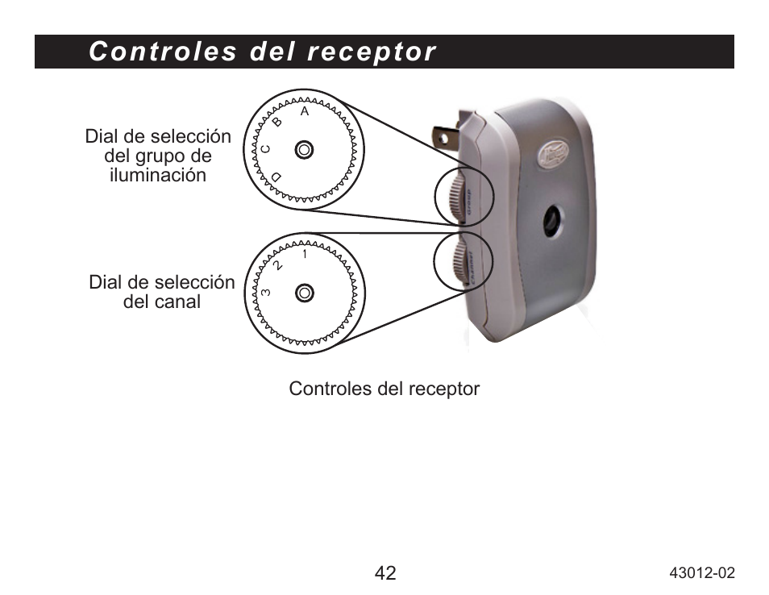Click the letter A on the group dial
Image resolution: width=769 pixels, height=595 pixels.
pyautogui.click(x=305, y=112)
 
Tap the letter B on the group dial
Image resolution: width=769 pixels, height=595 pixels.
pyautogui.click(x=278, y=123)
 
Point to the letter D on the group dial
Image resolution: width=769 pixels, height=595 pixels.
pyautogui.click(x=276, y=177)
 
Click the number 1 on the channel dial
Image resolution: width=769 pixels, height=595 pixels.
pyautogui.click(x=305, y=255)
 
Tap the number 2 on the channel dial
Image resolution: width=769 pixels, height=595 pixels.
pyautogui.click(x=278, y=264)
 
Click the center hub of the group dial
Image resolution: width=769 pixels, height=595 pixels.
pyautogui.click(x=304, y=150)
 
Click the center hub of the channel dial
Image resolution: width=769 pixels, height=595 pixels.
pyautogui.click(x=304, y=293)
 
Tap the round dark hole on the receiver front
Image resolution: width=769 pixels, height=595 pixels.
pyautogui.click(x=553, y=220)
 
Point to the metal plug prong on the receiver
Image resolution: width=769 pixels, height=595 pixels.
pyautogui.click(x=447, y=133)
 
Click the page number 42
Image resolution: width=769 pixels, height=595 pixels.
pyautogui.click(x=385, y=573)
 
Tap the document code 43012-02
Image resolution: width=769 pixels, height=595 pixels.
pyautogui.click(x=703, y=573)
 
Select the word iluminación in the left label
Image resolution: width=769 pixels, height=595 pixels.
pyautogui.click(x=158, y=175)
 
